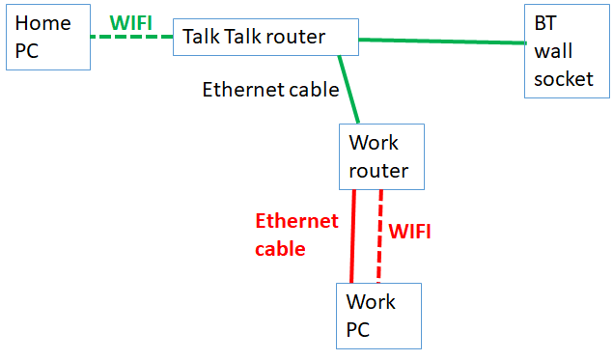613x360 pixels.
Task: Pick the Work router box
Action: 381,156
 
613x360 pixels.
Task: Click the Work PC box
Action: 378,316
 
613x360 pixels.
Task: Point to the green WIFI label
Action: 130,22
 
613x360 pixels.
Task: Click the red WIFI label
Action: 409,232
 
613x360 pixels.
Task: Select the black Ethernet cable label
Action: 270,90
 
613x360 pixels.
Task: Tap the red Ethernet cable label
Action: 296,235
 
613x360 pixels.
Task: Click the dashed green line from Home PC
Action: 131,38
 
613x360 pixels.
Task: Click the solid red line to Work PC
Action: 353,236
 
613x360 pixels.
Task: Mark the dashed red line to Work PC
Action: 379,236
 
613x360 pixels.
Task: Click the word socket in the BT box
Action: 564,78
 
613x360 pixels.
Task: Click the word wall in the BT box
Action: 552,50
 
